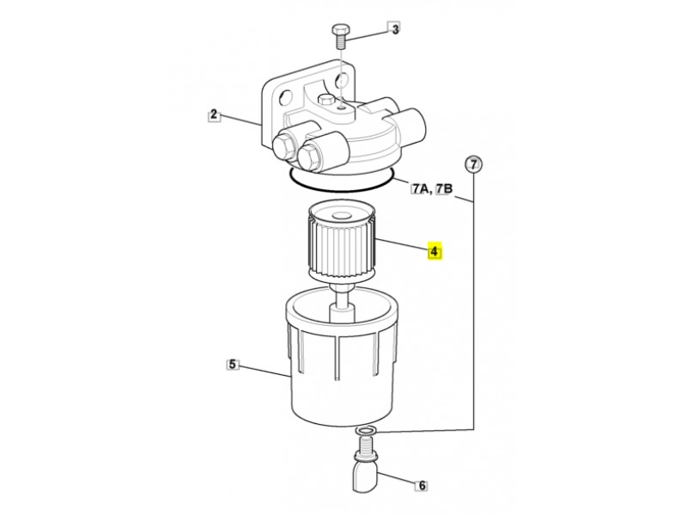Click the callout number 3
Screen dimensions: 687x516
tap(395, 29)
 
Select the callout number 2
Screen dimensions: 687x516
tap(213, 115)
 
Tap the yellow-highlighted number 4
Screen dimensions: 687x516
tap(435, 251)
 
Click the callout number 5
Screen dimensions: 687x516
tap(232, 364)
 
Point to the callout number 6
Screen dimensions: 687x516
tap(422, 485)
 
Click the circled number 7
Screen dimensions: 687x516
tap(473, 164)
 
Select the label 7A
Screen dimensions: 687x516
tap(420, 188)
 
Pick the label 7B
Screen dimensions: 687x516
tap(443, 188)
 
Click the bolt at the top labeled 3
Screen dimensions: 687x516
tap(339, 37)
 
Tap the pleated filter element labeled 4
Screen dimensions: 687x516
tap(343, 243)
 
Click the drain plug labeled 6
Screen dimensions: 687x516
tap(364, 465)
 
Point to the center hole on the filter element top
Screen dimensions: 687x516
tap(342, 216)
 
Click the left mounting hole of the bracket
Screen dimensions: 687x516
tap(284, 97)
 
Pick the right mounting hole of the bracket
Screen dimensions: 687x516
tap(341, 81)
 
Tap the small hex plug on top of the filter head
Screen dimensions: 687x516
tap(325, 99)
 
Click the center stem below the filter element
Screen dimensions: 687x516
tap(342, 303)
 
